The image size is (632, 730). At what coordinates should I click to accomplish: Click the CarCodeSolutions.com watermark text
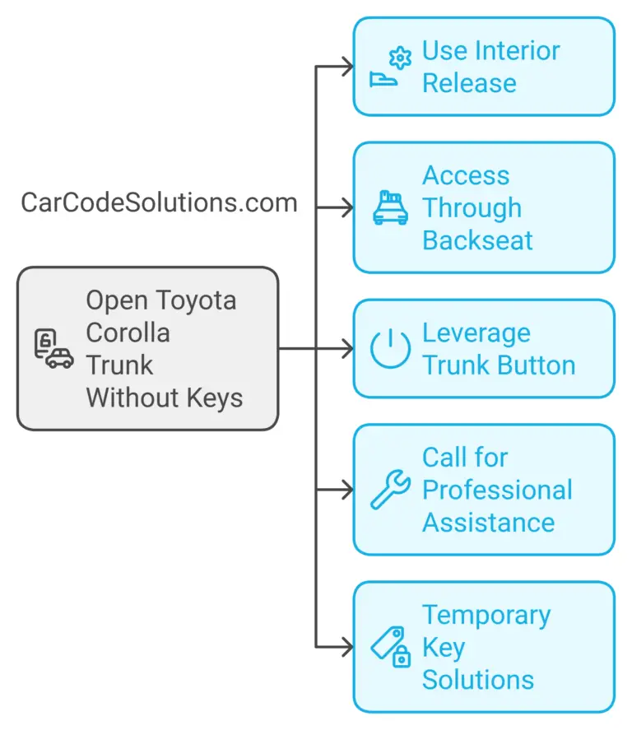159,202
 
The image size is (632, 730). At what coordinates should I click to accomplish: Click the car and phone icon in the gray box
53,348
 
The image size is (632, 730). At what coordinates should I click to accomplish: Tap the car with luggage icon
390,207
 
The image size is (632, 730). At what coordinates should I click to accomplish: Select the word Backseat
477,240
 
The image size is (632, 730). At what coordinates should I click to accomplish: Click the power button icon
390,349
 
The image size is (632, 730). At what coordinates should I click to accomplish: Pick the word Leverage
476,333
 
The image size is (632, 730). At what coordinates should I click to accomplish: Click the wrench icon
390,490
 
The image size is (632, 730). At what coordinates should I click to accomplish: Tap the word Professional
497,490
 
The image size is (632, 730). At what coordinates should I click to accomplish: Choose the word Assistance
488,523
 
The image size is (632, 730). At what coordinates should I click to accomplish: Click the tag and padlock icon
390,647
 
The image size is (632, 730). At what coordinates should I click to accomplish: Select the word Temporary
486,616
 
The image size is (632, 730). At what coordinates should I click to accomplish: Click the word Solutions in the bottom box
477,681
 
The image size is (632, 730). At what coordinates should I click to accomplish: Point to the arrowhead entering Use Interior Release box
348,67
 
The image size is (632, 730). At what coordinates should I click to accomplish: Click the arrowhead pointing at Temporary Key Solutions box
348,647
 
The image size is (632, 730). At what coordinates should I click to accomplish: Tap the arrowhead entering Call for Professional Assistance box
348,490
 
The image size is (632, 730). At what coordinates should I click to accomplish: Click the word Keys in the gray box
216,398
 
